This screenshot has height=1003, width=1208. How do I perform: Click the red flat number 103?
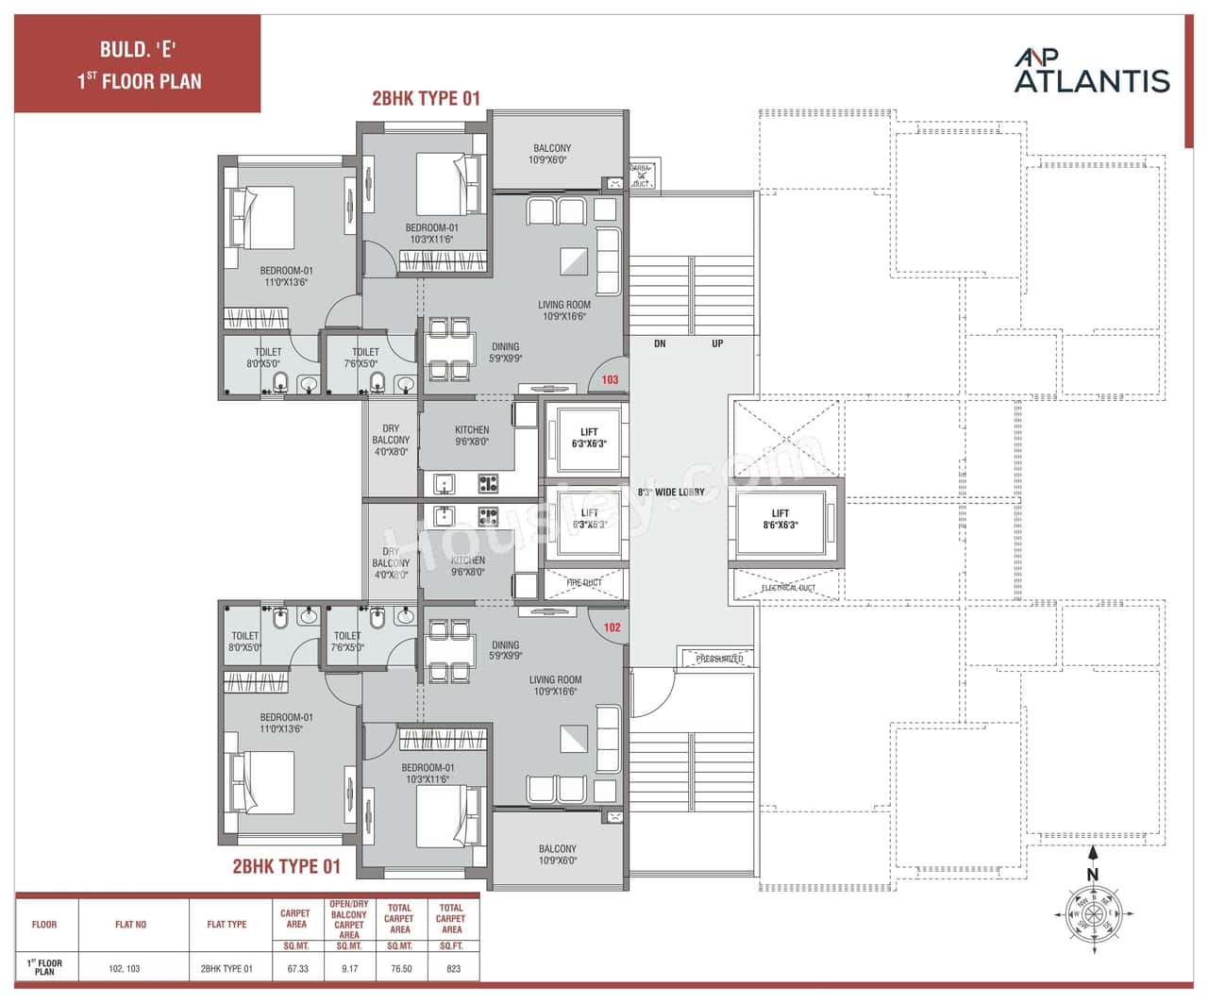[x=610, y=379]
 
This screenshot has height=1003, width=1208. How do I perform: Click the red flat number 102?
[x=612, y=627]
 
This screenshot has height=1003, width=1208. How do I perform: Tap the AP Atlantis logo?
[x=1092, y=72]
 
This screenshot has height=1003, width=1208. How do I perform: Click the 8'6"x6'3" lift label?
[x=780, y=519]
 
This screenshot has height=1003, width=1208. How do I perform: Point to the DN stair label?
[x=660, y=343]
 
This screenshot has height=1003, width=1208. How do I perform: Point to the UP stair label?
[x=717, y=343]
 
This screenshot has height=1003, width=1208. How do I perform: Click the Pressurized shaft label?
[x=719, y=659]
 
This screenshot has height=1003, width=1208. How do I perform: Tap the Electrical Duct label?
[x=788, y=588]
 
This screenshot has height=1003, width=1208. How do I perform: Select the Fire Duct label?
[x=584, y=583]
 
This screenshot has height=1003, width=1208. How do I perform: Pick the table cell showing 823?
[x=453, y=968]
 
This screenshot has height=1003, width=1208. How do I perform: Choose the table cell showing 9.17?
[x=349, y=968]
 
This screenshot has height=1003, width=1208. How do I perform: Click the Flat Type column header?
[x=226, y=925]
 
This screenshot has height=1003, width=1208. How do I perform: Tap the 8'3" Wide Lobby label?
[x=671, y=492]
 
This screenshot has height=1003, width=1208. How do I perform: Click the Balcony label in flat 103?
[x=551, y=154]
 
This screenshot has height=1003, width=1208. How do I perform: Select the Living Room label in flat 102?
[x=555, y=685]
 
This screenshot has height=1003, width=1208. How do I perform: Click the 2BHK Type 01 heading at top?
[x=426, y=98]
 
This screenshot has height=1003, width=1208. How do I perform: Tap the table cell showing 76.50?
[x=401, y=968]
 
